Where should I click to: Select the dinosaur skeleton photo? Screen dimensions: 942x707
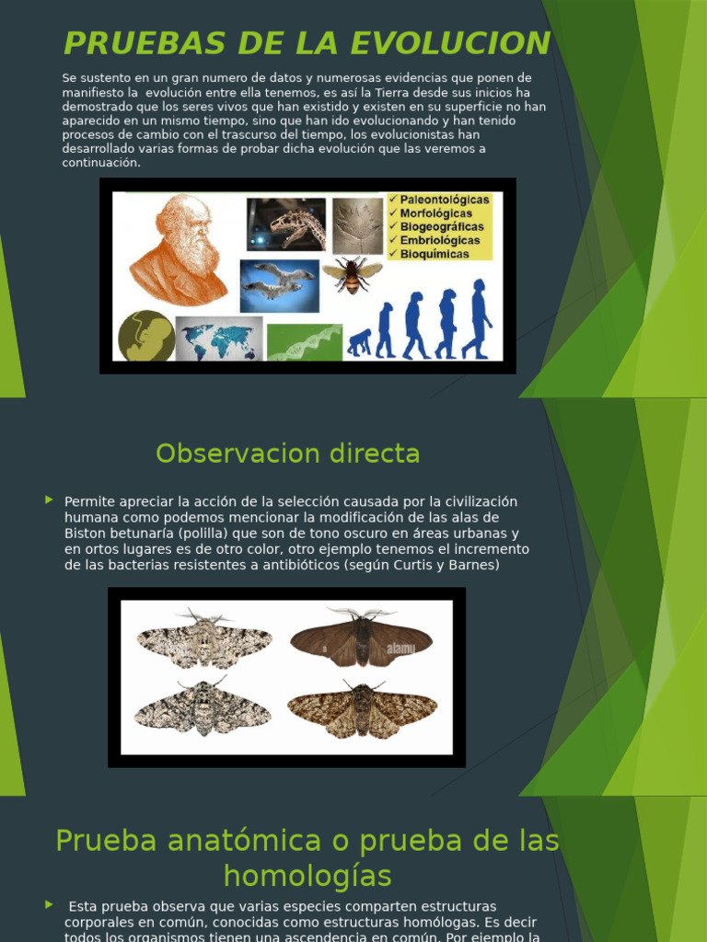[285, 224]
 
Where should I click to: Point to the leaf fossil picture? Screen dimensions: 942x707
[357, 226]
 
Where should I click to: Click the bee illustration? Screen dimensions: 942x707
[352, 273]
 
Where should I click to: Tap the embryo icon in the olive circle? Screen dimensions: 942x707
[146, 336]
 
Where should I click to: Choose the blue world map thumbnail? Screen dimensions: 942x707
[219, 339]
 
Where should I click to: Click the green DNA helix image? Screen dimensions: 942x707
[304, 342]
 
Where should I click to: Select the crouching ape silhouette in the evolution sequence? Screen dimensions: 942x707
[359, 343]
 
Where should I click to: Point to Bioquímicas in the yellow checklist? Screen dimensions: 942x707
[434, 254]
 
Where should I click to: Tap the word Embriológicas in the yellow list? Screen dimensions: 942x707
[440, 240]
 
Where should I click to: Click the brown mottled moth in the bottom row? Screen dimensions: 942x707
[362, 709]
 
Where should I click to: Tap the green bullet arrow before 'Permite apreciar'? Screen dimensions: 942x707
[49, 500]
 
